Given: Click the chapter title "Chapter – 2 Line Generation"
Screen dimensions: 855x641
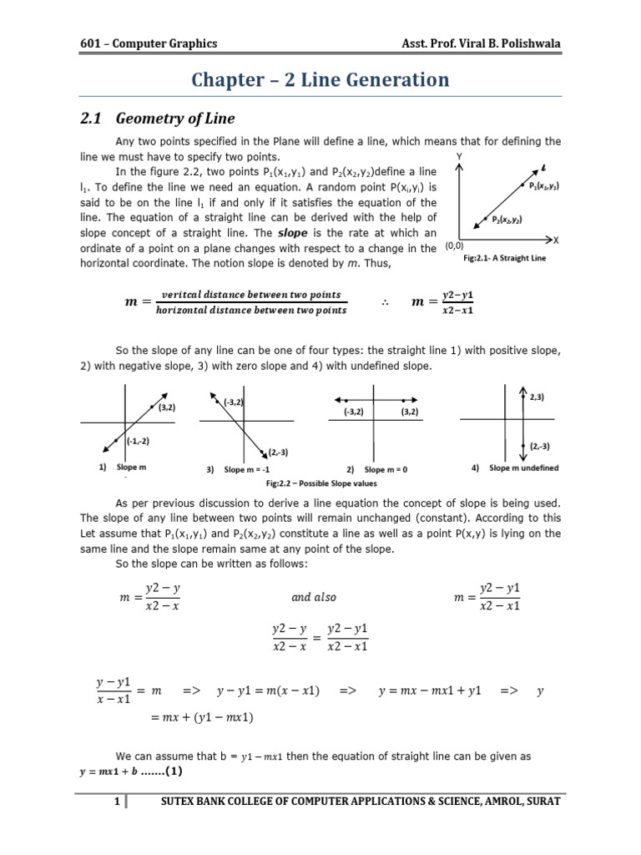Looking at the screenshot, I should (x=320, y=80).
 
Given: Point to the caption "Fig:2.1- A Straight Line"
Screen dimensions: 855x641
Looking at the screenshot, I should (x=504, y=259).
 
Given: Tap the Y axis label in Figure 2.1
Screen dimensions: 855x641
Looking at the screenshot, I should (x=460, y=156).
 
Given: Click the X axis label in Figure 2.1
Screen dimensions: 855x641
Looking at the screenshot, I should (x=556, y=240).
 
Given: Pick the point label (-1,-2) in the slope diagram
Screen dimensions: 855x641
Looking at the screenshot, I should (x=138, y=441).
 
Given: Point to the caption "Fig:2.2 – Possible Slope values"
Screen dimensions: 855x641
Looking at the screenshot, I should (x=321, y=483).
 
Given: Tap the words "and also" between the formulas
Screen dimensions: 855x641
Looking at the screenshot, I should (x=313, y=597).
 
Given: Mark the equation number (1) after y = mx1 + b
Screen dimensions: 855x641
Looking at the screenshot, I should (x=162, y=769).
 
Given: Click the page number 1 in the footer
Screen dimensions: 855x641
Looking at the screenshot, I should (x=118, y=802).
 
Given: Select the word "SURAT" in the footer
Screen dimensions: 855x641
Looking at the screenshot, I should (x=539, y=802).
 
